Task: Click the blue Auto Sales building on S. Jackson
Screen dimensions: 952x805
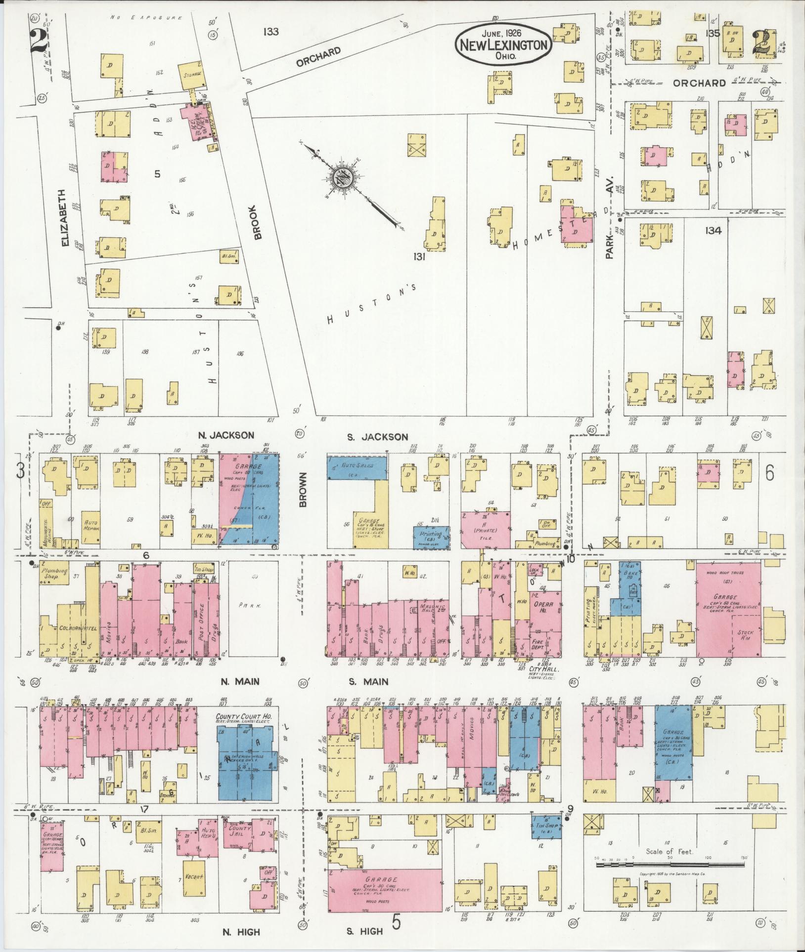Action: [357, 467]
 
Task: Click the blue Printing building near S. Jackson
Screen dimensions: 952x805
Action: [431, 537]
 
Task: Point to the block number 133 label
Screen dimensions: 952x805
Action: [271, 32]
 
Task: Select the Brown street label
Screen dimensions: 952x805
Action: [303, 490]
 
